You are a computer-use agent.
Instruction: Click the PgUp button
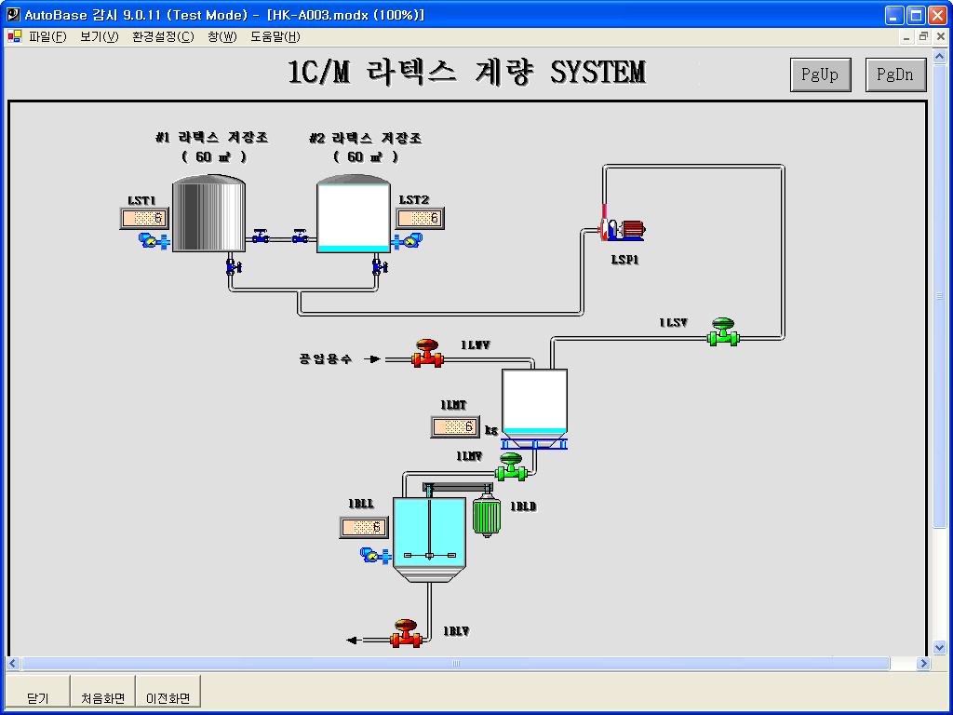click(x=820, y=75)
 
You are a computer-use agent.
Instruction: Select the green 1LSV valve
click(x=722, y=332)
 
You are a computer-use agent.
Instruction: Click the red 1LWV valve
click(x=427, y=353)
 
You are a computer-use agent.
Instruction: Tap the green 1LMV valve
click(x=511, y=467)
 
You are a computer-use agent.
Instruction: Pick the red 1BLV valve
click(x=406, y=633)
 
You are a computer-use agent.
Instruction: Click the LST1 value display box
click(x=144, y=219)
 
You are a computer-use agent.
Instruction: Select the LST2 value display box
click(x=420, y=218)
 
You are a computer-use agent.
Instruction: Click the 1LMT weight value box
click(x=455, y=427)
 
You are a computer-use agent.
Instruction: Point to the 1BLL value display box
click(x=364, y=527)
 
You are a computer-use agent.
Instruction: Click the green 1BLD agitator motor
click(x=486, y=518)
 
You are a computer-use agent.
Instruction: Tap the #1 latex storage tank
click(x=208, y=214)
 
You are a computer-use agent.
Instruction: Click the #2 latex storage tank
click(x=353, y=214)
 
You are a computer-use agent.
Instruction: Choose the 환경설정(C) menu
click(x=163, y=37)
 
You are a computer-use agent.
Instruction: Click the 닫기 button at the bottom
click(x=38, y=697)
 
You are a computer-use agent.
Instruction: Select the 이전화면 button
click(x=168, y=697)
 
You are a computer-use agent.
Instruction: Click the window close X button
click(x=935, y=15)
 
